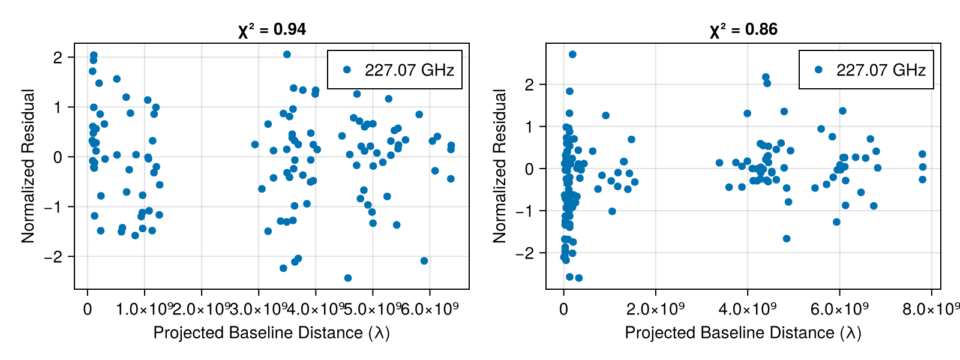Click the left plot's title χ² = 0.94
coord(272,29)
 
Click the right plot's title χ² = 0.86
coord(743,29)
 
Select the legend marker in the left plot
coord(347,70)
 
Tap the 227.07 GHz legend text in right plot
coord(881,70)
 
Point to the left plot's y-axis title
coord(28,166)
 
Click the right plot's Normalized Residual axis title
coord(499,166)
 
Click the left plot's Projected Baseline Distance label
coord(272,333)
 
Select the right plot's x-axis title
coord(743,333)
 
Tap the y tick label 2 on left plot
coord(58,58)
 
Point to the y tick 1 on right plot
coord(529,127)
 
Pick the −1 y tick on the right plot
coord(524,211)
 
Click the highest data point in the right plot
coord(572,55)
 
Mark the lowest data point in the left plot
coord(348,278)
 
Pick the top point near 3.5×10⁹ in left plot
coord(287,55)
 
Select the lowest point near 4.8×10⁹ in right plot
coord(787,239)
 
